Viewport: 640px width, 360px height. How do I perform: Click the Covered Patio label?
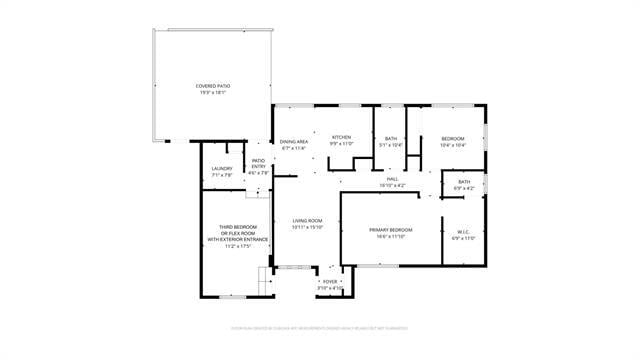pos(211,87)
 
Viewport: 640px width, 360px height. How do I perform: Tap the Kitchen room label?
pos(342,137)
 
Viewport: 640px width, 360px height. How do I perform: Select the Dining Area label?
pos(294,142)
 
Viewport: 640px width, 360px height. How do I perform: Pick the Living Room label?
pos(307,221)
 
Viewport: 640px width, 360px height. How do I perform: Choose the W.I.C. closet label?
pos(463,231)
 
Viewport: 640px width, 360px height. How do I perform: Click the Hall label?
pos(392,179)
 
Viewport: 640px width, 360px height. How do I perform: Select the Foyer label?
pos(330,282)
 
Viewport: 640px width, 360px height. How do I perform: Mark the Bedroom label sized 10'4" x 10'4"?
pos(453,139)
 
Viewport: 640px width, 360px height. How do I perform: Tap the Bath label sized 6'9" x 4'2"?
pos(464,181)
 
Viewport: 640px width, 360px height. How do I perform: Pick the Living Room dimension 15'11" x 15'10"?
pos(307,227)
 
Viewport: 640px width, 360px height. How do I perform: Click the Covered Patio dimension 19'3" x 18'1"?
pos(211,93)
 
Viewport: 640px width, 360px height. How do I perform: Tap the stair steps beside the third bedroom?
pos(266,281)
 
